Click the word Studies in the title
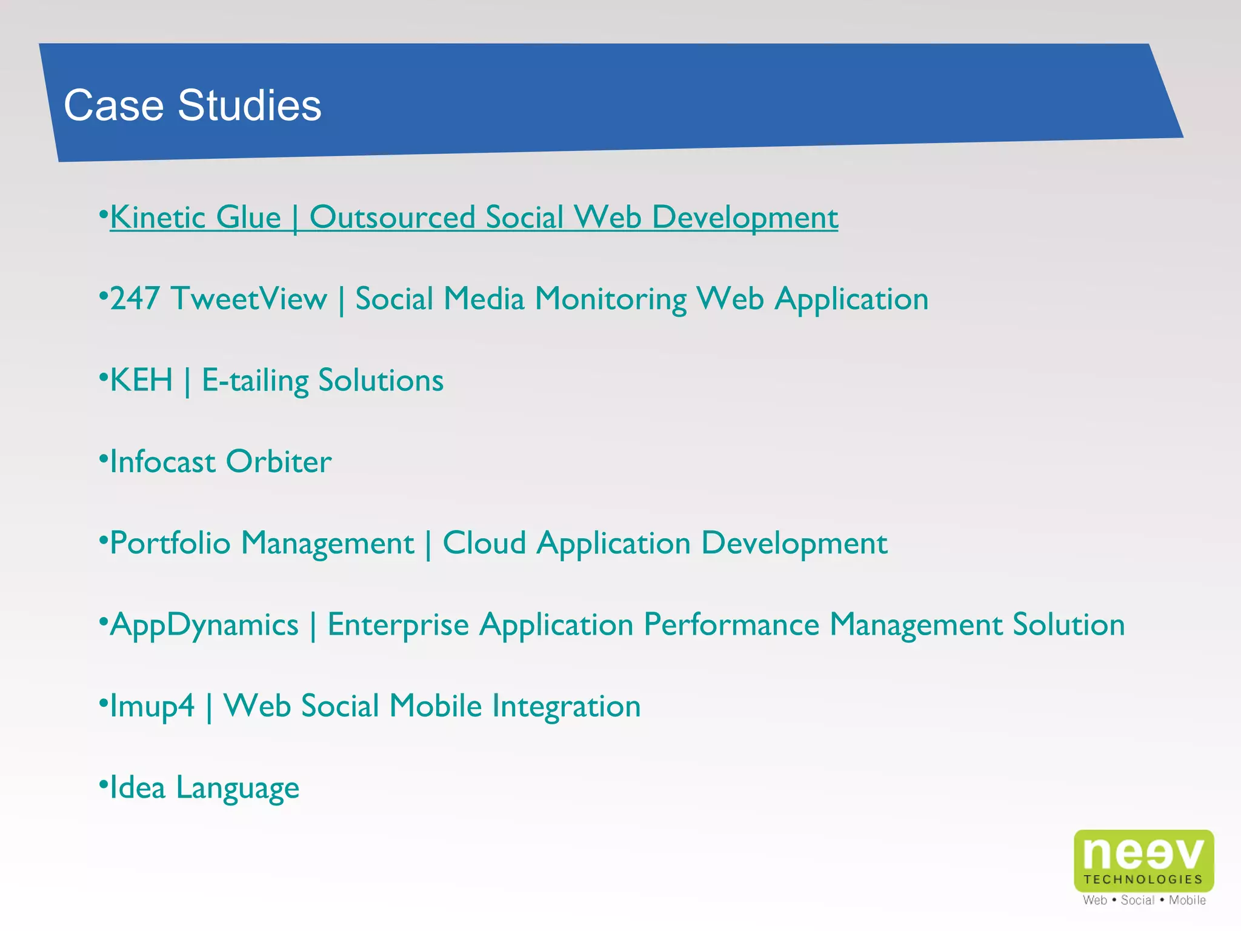tap(249, 105)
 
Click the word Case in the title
tap(113, 105)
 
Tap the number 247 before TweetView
tap(135, 299)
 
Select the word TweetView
tap(249, 299)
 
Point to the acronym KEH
tap(141, 381)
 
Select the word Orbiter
tap(278, 462)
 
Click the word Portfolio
tap(170, 543)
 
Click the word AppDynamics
tap(204, 626)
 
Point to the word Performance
tap(731, 624)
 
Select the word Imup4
tap(152, 707)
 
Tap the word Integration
tap(566, 707)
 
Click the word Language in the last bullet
tap(238, 789)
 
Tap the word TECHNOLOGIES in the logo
tap(1143, 879)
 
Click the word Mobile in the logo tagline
tap(1187, 901)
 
